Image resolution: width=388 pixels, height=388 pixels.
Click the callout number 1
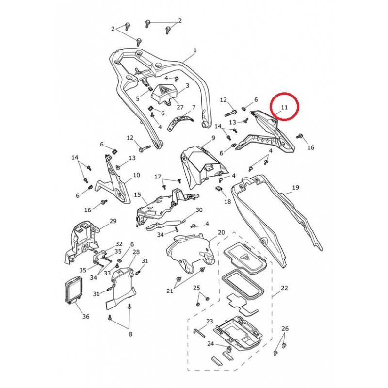coord(195,50)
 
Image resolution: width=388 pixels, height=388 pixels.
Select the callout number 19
coord(295,188)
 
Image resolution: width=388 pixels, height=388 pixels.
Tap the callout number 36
coord(86,316)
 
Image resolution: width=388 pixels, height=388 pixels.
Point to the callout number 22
coord(284,288)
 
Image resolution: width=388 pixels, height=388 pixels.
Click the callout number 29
coord(113,221)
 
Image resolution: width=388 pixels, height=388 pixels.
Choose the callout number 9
coord(213,138)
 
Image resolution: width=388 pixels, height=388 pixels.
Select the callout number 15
coord(137,195)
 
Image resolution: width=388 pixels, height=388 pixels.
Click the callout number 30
coord(199,210)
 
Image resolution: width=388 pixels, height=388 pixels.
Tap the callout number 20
coord(221,232)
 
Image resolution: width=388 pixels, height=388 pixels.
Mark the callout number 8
coord(130,334)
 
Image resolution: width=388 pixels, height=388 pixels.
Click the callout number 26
coord(285,329)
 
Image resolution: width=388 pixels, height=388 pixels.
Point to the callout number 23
coord(210,322)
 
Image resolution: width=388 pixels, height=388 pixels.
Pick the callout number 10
coord(136,175)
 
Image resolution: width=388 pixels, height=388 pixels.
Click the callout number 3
coord(187,86)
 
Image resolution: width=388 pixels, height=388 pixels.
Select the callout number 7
coord(194,107)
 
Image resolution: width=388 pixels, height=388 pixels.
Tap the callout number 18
coord(227,201)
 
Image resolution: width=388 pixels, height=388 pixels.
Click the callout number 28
coord(136,252)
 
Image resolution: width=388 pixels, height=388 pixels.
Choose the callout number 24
coord(210,344)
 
